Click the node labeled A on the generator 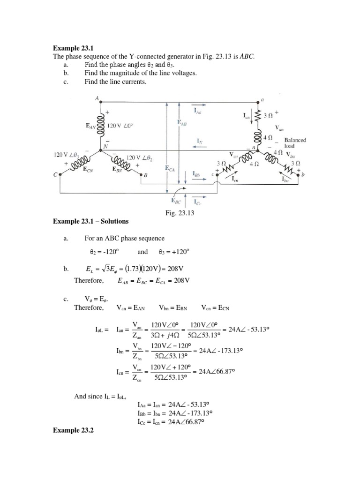pyautogui.click(x=97, y=98)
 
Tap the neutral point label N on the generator pyautogui.click(x=105, y=145)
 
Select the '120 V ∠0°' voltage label pyautogui.click(x=120, y=126)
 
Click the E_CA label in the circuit pyautogui.click(x=169, y=168)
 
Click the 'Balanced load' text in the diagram pyautogui.click(x=295, y=142)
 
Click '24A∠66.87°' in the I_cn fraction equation pyautogui.click(x=216, y=372)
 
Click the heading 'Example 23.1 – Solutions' pyautogui.click(x=91, y=221)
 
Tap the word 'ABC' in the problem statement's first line pyautogui.click(x=247, y=56)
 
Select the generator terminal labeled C pyautogui.click(x=55, y=175)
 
